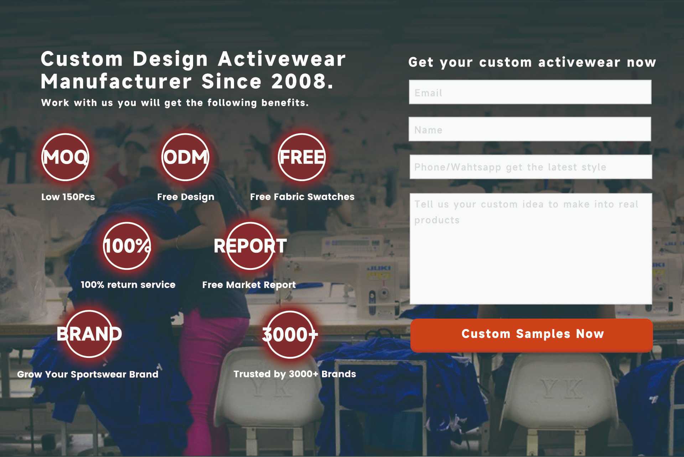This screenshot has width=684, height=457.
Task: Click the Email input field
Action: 530,92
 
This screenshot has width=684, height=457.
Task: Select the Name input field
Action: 530,129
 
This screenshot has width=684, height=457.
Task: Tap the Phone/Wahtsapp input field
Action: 531,167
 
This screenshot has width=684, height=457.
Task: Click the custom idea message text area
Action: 531,249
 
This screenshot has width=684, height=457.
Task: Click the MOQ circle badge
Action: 65,157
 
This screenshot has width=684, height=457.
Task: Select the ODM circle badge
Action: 185,157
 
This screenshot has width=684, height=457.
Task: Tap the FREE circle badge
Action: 302,157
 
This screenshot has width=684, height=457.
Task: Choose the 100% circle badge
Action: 127,246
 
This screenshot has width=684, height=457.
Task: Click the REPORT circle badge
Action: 250,246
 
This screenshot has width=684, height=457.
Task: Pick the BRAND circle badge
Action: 89,334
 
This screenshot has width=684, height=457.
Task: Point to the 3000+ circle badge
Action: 290,334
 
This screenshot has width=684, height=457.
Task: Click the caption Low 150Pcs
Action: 68,197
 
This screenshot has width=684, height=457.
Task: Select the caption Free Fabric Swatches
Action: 302,197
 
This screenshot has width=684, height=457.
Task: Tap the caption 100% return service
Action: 128,284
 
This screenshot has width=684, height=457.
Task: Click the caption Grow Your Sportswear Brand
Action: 88,374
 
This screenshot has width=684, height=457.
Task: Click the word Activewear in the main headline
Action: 282,59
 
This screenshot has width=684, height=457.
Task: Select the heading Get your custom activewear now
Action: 532,62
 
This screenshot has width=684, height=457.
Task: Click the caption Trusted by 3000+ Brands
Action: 295,374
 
